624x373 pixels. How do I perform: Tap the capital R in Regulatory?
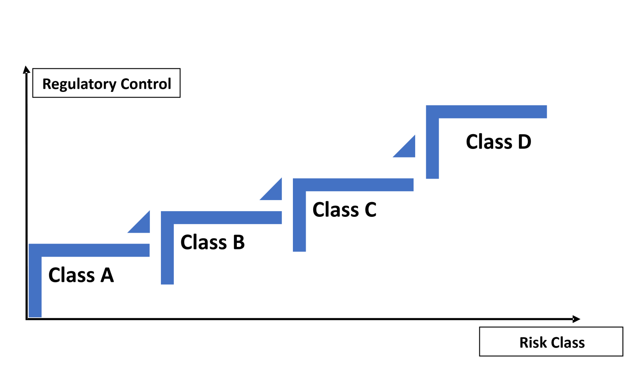[47, 84]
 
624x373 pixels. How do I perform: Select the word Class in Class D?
[489, 142]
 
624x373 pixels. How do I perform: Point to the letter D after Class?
[524, 142]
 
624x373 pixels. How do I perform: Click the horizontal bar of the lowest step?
[95, 250]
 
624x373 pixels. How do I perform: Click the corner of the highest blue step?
[432, 112]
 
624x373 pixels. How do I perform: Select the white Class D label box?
[500, 161]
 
